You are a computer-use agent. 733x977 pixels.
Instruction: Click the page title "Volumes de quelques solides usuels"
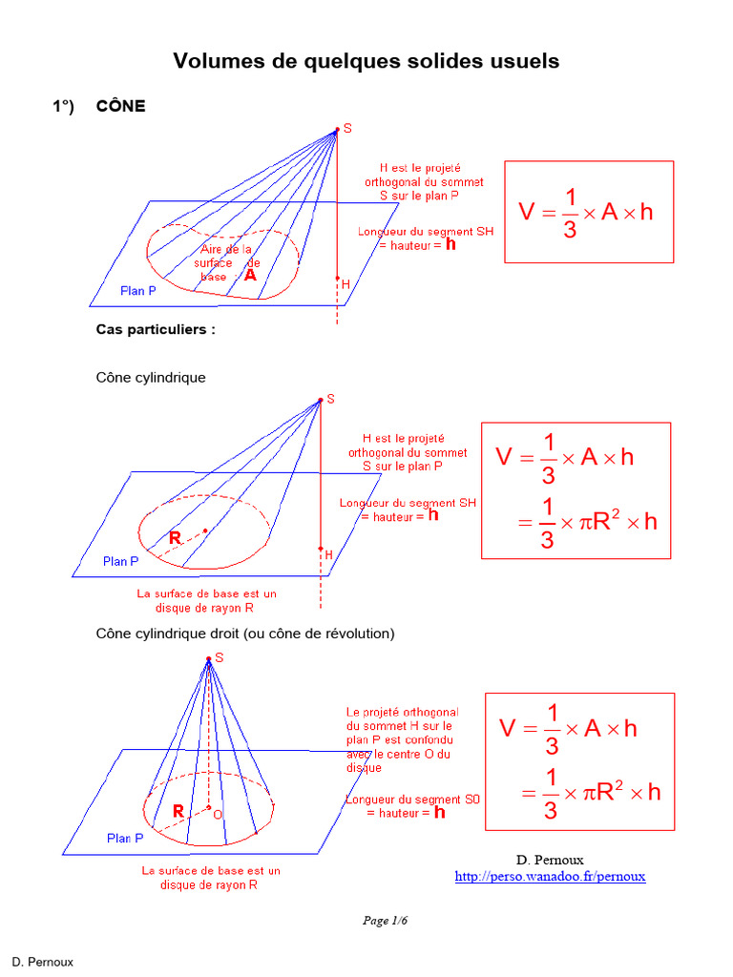[366, 61]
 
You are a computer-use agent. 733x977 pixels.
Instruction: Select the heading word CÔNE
[121, 106]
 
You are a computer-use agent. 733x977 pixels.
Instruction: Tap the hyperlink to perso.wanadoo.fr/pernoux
[550, 876]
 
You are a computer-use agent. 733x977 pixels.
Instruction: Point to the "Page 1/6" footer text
[386, 921]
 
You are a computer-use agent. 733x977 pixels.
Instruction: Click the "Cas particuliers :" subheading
[156, 329]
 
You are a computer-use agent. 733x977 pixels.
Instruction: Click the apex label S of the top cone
[347, 129]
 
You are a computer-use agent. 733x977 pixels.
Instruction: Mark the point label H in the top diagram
[346, 284]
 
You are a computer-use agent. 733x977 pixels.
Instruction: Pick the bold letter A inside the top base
[250, 275]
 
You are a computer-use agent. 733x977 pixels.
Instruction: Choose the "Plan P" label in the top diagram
[137, 290]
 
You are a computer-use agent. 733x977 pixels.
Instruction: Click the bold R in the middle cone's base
[176, 538]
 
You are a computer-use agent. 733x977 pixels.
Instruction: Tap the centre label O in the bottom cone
[218, 815]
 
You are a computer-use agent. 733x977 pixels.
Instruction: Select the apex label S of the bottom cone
[219, 658]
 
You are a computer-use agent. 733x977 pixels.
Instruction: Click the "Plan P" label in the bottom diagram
[125, 838]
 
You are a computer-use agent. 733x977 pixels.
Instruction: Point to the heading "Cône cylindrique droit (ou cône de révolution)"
[245, 634]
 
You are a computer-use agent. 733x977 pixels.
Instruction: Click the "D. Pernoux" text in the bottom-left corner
[42, 962]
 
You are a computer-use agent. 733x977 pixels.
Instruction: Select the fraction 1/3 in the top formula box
[570, 213]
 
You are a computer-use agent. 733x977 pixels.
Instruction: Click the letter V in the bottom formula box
[508, 728]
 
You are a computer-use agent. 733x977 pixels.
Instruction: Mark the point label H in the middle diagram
[328, 554]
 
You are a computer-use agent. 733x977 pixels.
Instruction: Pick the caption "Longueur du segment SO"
[412, 800]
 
